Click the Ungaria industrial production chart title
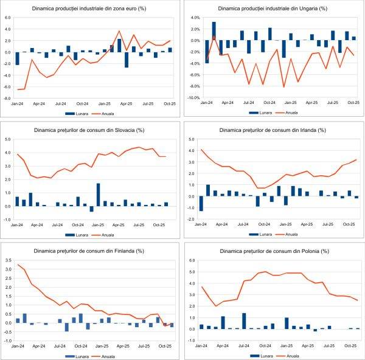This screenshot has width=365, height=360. click(x=273, y=9)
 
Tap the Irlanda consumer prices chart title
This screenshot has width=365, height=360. click(x=273, y=130)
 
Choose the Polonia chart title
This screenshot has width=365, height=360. click(x=273, y=250)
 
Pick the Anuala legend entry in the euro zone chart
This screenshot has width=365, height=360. click(x=110, y=113)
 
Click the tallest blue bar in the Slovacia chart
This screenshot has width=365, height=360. click(x=98, y=195)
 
